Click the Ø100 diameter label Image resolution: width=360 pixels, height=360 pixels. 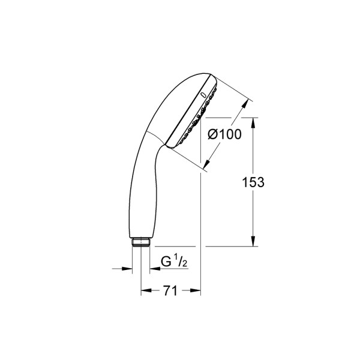pos(224,134)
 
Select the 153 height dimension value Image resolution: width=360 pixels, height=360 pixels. pos(253,182)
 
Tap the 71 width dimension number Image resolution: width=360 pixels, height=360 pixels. pos(170,291)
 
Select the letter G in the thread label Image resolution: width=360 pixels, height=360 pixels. pos(165,262)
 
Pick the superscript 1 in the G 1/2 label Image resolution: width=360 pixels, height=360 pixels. pos(174,259)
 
